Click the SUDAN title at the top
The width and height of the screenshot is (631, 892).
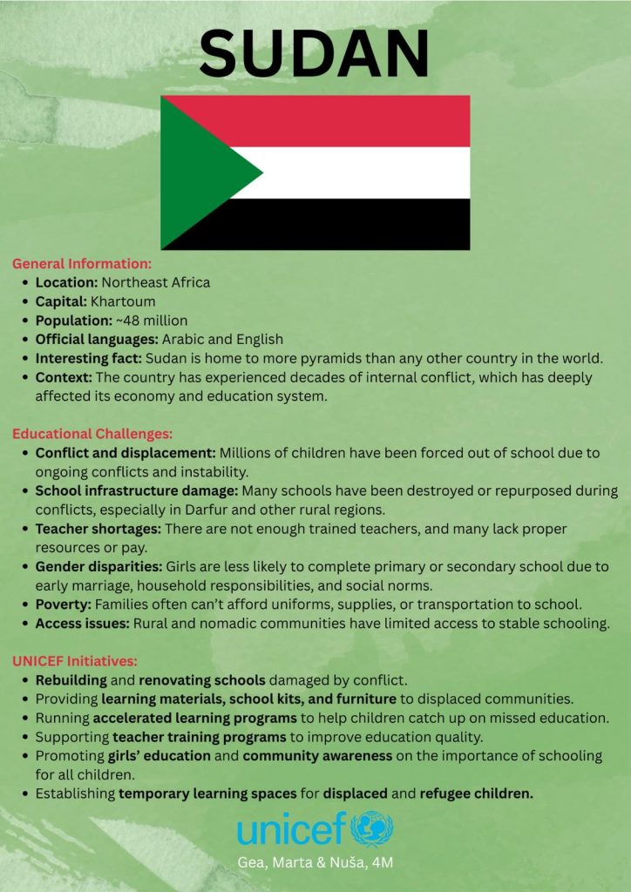click(x=315, y=51)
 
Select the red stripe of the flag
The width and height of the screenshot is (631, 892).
click(x=349, y=120)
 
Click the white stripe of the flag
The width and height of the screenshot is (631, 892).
click(x=366, y=172)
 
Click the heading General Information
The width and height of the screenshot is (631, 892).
click(x=82, y=263)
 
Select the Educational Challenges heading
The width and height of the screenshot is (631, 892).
click(x=92, y=433)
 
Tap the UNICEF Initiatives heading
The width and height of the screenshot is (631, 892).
click(x=75, y=660)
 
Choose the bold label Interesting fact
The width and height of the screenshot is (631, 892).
click(x=88, y=358)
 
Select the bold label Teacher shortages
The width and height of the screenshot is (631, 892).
click(x=98, y=529)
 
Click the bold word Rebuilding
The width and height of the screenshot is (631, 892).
click(x=71, y=679)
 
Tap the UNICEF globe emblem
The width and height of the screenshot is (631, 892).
click(x=372, y=829)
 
